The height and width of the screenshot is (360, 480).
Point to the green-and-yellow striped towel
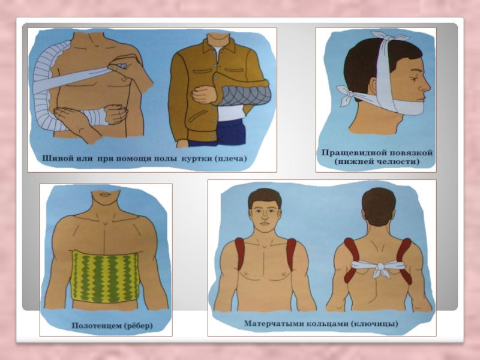coord(105,277)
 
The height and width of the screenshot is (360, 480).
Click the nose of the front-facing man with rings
coord(265,217)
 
